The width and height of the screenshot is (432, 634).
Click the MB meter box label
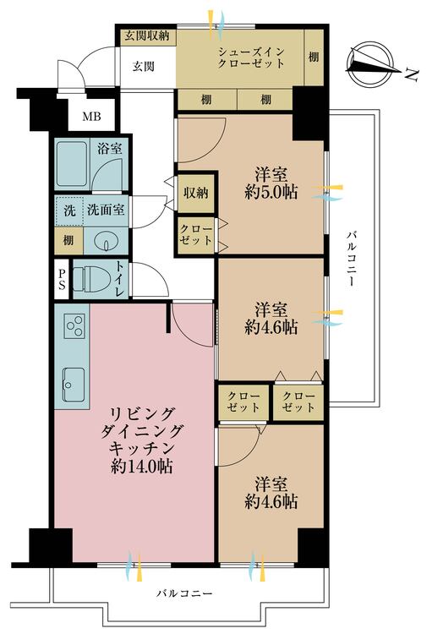[x=91, y=117]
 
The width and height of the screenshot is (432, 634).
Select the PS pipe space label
[x=62, y=280]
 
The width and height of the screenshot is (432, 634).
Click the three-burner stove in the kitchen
[x=75, y=325]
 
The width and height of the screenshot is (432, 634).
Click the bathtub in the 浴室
[x=73, y=164]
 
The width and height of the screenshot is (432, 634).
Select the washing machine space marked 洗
[x=69, y=210]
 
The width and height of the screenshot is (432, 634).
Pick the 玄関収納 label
[x=146, y=36]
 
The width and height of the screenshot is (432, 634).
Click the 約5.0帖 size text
[x=271, y=193]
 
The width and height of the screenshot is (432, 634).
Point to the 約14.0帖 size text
[x=141, y=467]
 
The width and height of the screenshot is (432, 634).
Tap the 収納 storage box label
[x=196, y=193]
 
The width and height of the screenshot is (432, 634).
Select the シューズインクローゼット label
[x=251, y=57]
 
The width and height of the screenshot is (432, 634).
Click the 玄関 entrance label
[x=144, y=66]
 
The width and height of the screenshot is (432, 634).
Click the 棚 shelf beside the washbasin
[x=68, y=241]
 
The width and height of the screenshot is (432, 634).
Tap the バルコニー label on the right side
[x=351, y=258]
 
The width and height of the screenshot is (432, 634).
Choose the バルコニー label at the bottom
[x=184, y=593]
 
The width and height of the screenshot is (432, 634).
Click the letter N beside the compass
[x=412, y=74]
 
